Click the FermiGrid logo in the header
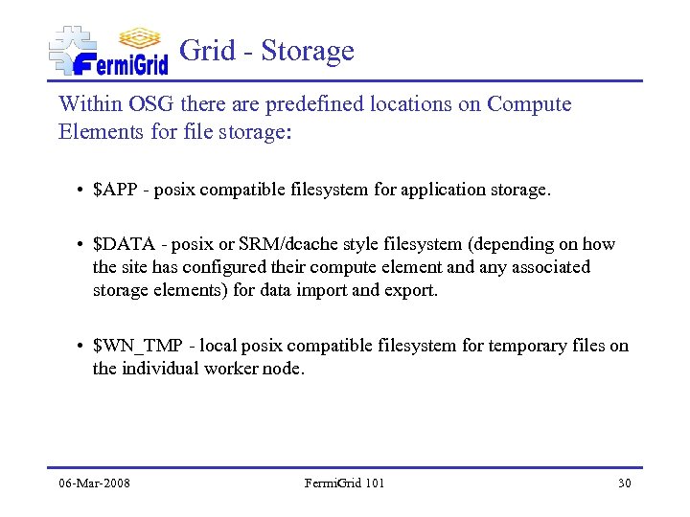(x=108, y=50)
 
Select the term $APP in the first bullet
(x=114, y=191)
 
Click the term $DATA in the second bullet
(x=121, y=245)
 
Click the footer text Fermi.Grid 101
(x=344, y=483)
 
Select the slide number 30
(x=624, y=483)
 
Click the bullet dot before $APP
(x=79, y=191)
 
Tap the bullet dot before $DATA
(x=79, y=245)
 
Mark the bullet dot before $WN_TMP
(x=79, y=346)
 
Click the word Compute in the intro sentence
(x=529, y=104)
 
